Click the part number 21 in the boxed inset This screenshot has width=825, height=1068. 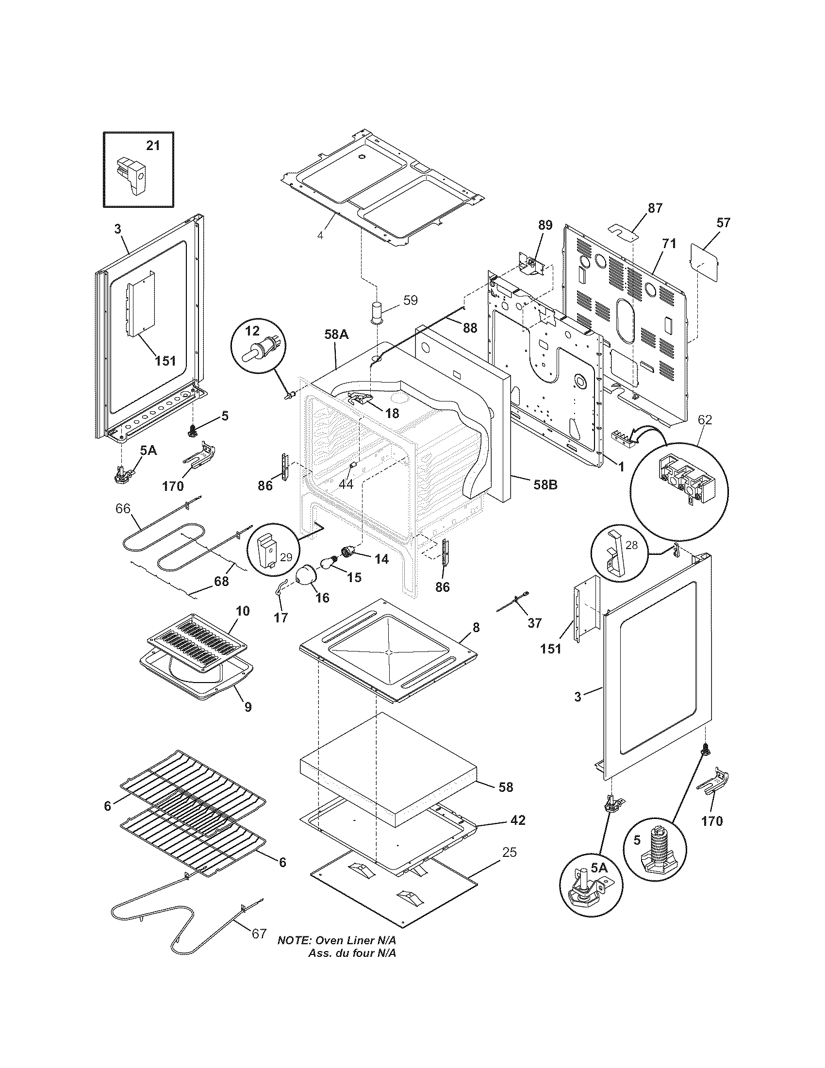point(153,145)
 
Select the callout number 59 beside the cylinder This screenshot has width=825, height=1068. point(411,300)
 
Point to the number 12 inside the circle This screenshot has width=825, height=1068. point(252,331)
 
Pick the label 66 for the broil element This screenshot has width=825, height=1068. point(123,509)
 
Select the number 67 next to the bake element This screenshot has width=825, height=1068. point(259,948)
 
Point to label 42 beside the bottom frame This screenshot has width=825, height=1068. point(518,820)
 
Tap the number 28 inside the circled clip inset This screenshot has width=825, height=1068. point(631,545)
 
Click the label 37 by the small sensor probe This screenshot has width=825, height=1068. point(535,623)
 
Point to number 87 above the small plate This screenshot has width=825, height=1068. point(655,208)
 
